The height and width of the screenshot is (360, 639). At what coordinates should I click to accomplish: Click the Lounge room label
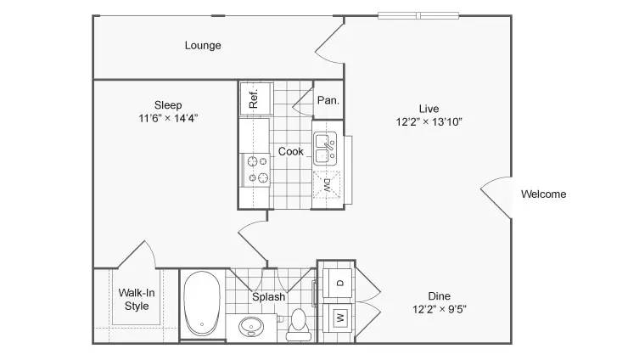tap(203, 45)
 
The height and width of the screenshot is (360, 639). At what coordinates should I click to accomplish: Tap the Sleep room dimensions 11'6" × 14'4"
tap(168, 118)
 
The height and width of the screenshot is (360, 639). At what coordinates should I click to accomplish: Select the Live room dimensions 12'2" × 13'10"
tap(429, 122)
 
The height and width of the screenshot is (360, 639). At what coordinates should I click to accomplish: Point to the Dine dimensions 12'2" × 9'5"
tap(440, 309)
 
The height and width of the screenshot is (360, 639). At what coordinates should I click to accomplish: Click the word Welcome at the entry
tap(544, 194)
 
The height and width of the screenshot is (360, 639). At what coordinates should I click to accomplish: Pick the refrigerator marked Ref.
tap(256, 98)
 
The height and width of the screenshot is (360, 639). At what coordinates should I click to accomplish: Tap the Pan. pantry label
tap(328, 100)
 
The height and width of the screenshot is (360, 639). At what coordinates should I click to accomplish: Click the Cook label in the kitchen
tap(290, 151)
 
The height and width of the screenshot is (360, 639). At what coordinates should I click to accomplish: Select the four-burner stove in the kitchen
tap(255, 170)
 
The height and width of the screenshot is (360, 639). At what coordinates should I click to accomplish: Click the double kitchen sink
tap(325, 149)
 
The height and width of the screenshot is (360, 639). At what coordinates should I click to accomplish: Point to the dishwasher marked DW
tap(327, 185)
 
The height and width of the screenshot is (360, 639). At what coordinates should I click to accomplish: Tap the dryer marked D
tap(338, 283)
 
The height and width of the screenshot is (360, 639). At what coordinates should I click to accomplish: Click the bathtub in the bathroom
tap(202, 303)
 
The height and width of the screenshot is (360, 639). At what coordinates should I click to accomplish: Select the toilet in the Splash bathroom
tap(299, 325)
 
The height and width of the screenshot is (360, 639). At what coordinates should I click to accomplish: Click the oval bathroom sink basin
tap(251, 327)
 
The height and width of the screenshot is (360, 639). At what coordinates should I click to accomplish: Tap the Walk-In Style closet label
tap(137, 299)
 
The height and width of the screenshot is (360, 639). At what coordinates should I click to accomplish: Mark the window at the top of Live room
tap(418, 16)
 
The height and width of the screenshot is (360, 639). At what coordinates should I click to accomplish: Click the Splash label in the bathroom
tap(268, 297)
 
